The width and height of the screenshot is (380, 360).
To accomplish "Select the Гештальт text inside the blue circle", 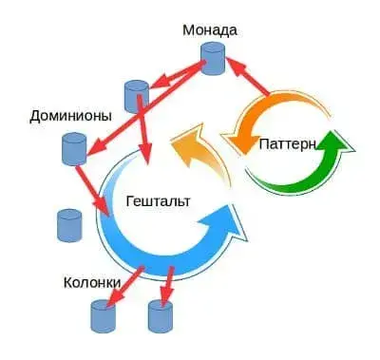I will click(158, 201).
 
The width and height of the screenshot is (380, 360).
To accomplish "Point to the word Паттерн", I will click(289, 142).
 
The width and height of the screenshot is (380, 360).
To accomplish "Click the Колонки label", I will click(91, 282).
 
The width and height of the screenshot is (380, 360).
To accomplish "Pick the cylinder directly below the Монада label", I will click(216, 61).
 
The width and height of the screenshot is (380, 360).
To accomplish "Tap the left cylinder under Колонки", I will click(101, 315).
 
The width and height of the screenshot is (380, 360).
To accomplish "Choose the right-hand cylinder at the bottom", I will click(160, 315).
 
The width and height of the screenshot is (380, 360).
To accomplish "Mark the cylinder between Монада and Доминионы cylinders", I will click(135, 95).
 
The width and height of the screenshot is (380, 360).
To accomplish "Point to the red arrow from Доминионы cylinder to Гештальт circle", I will click(97, 191).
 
